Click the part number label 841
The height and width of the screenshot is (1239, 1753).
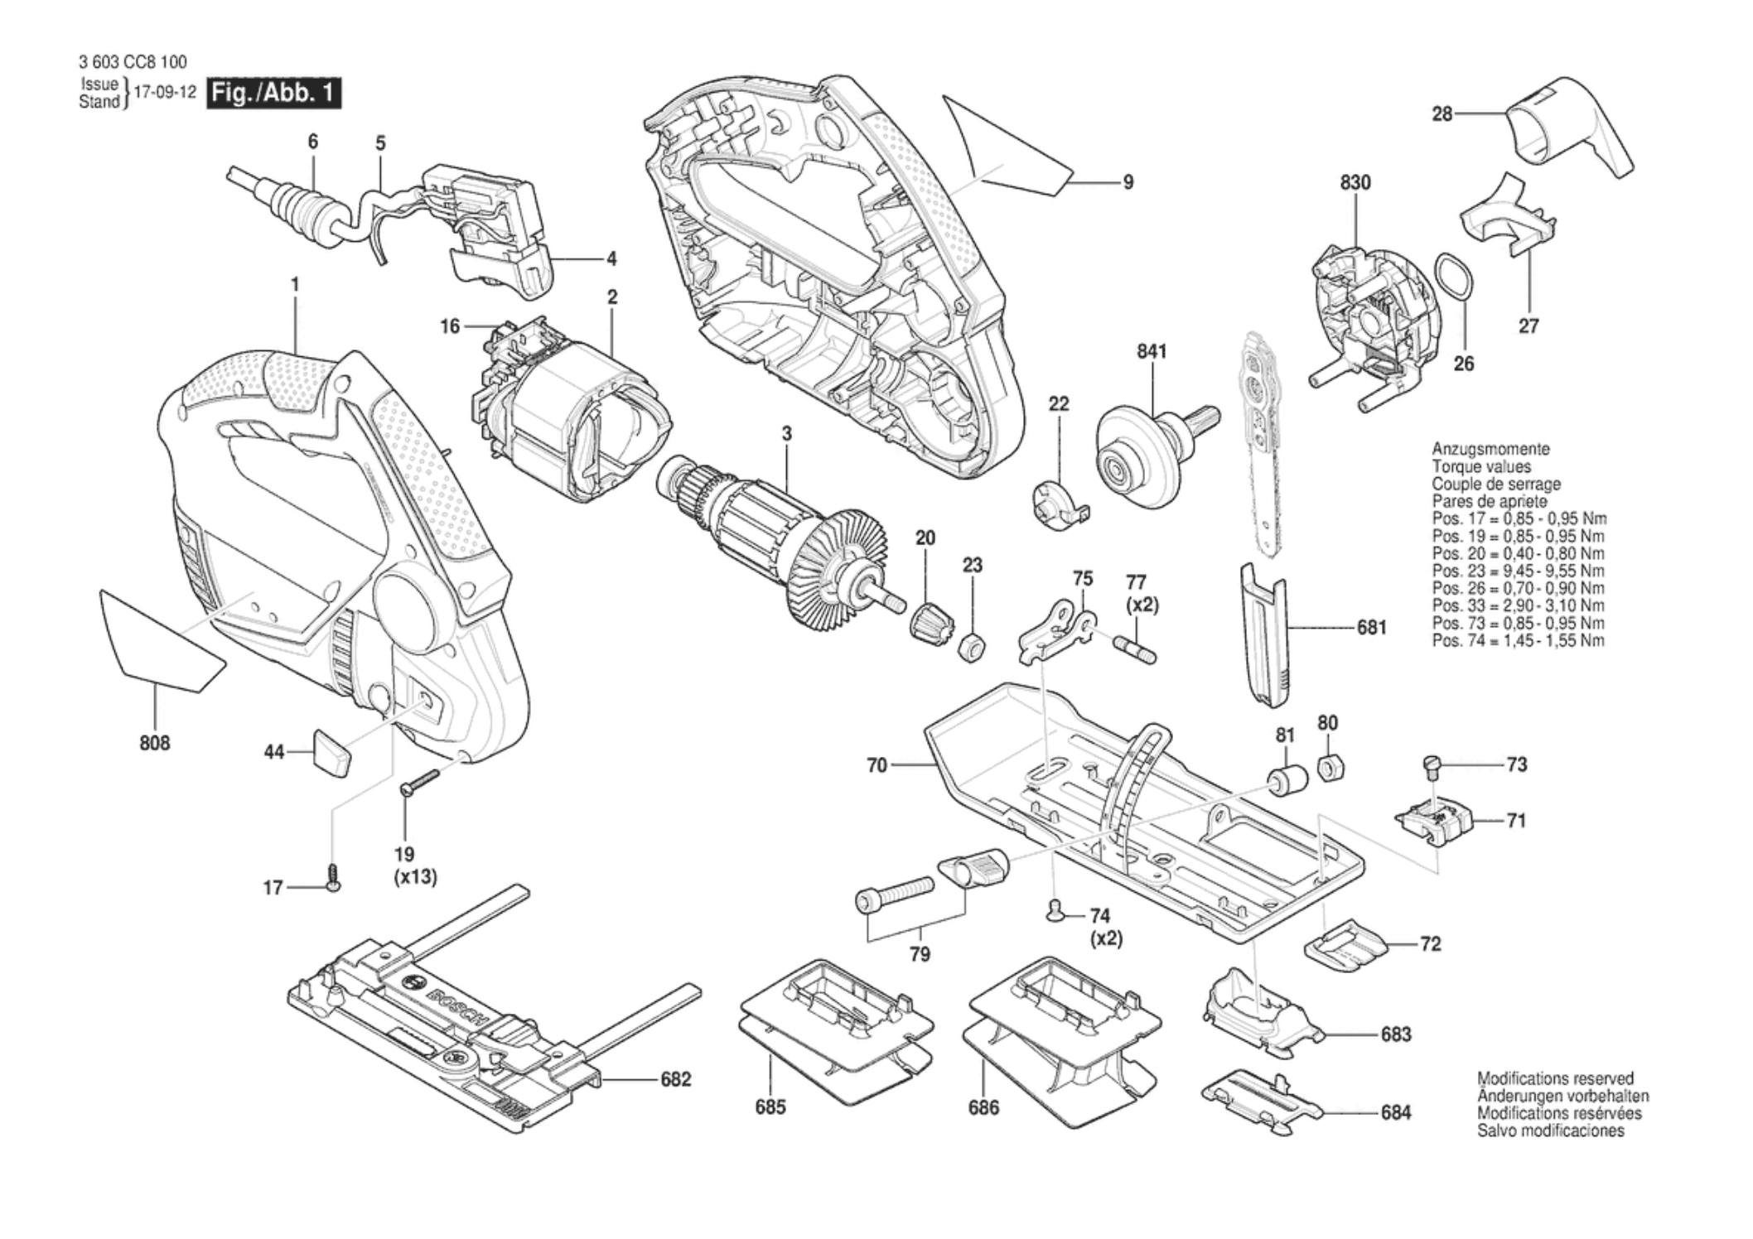[x=1152, y=351]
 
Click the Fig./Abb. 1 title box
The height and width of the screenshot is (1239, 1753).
[x=275, y=93]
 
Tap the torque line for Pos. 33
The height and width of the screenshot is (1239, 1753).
[x=1518, y=606]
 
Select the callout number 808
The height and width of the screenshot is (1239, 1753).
[x=155, y=743]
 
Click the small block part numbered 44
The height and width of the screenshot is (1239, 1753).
[x=331, y=752]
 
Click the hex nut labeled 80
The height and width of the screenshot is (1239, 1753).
[x=1330, y=768]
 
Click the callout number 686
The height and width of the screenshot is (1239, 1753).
[x=983, y=1107]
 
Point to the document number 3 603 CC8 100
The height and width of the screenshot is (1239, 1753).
[x=133, y=62]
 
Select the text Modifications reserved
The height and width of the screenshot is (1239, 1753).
[x=1555, y=1078]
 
